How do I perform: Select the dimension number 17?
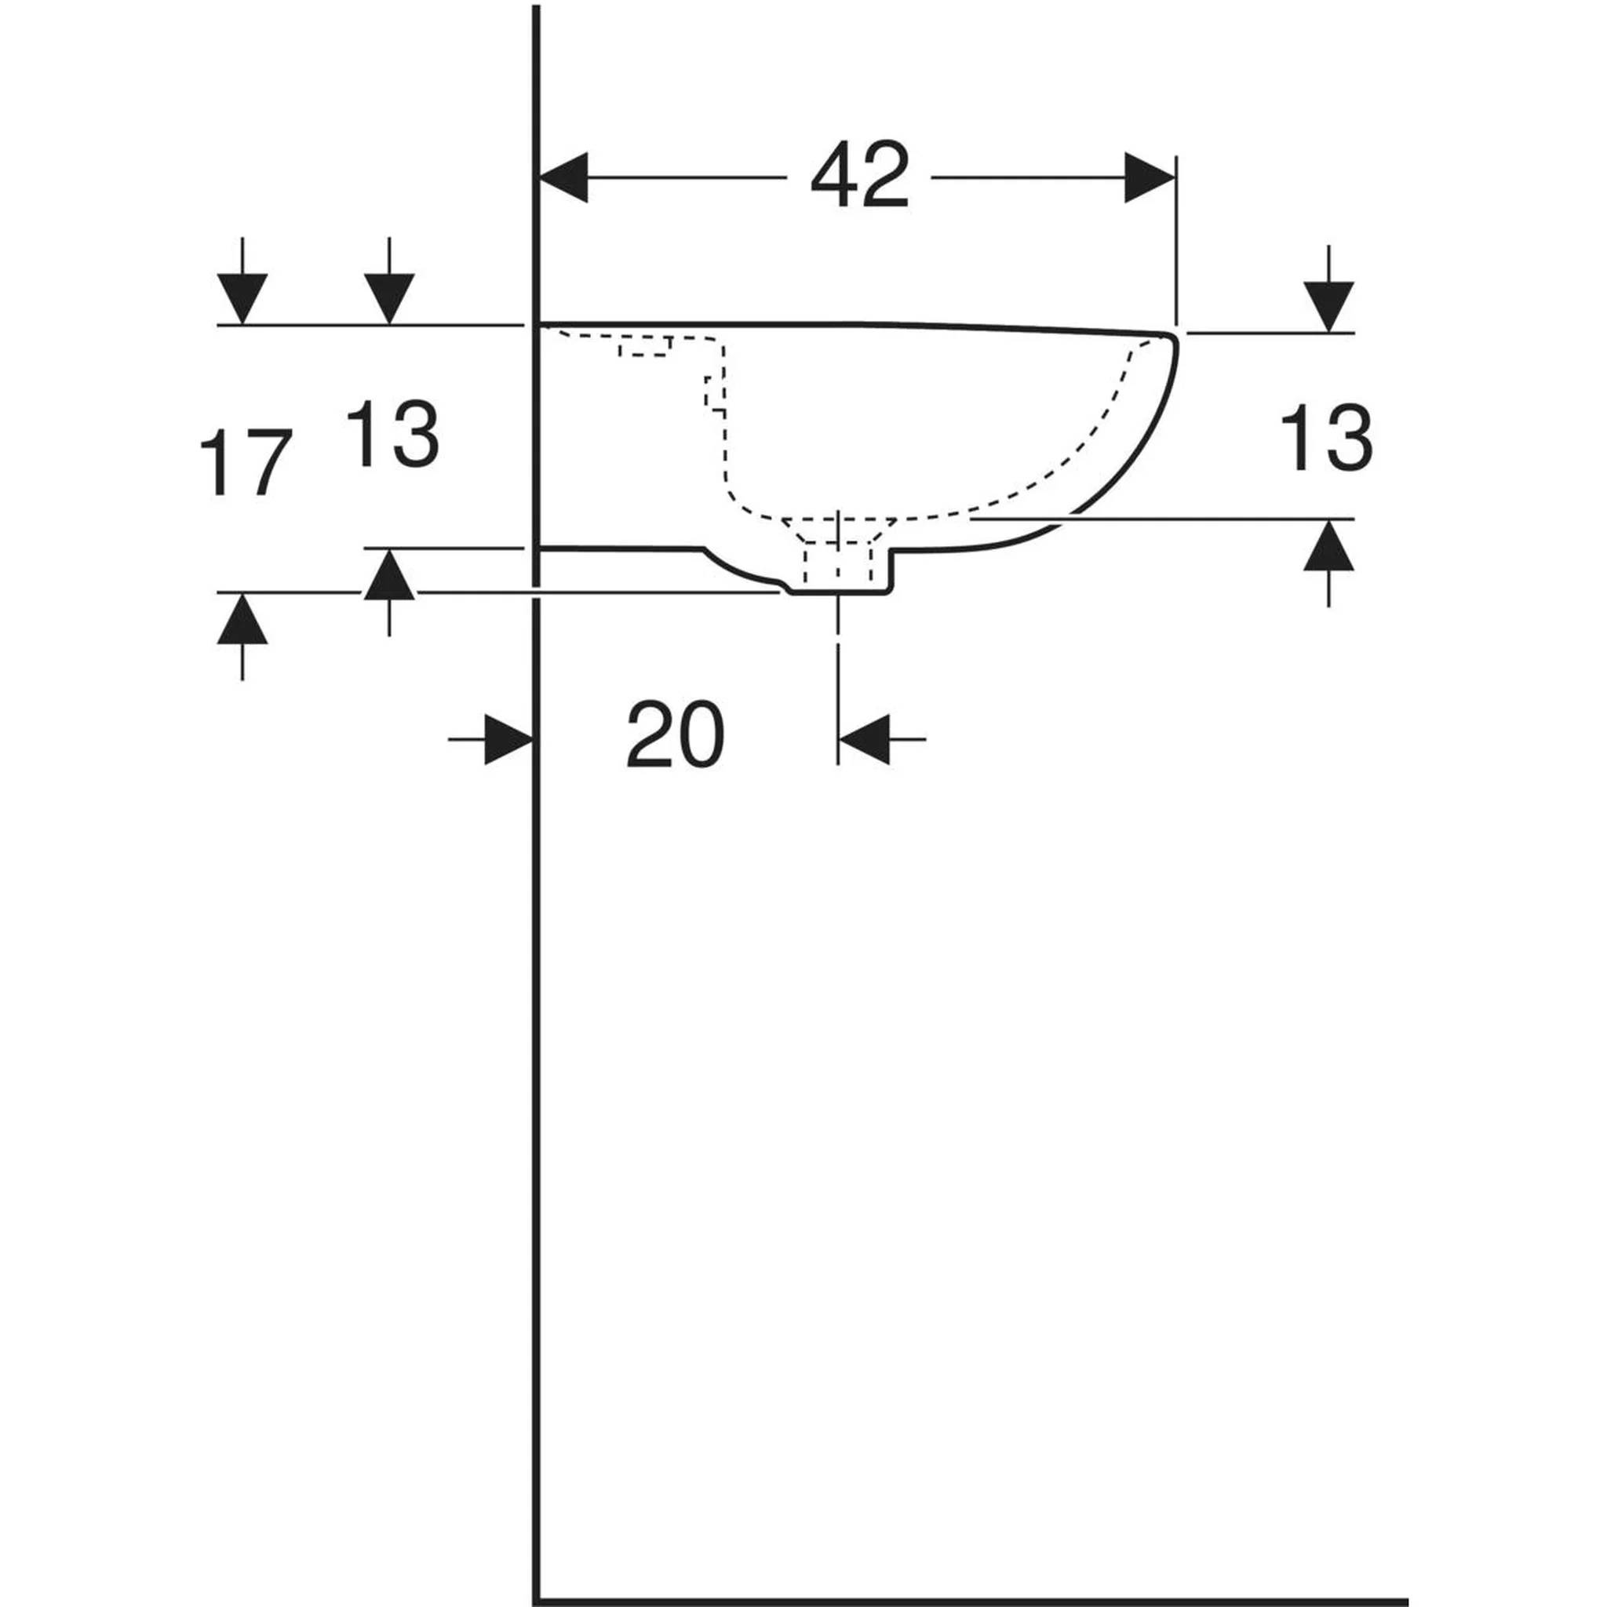pos(246,461)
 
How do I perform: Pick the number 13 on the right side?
pos(1325,439)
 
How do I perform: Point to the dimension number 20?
pos(676,734)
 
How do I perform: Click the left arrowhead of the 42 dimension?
pos(564,177)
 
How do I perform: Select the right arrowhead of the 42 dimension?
pos(1150,177)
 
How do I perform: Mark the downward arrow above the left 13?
pos(389,280)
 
